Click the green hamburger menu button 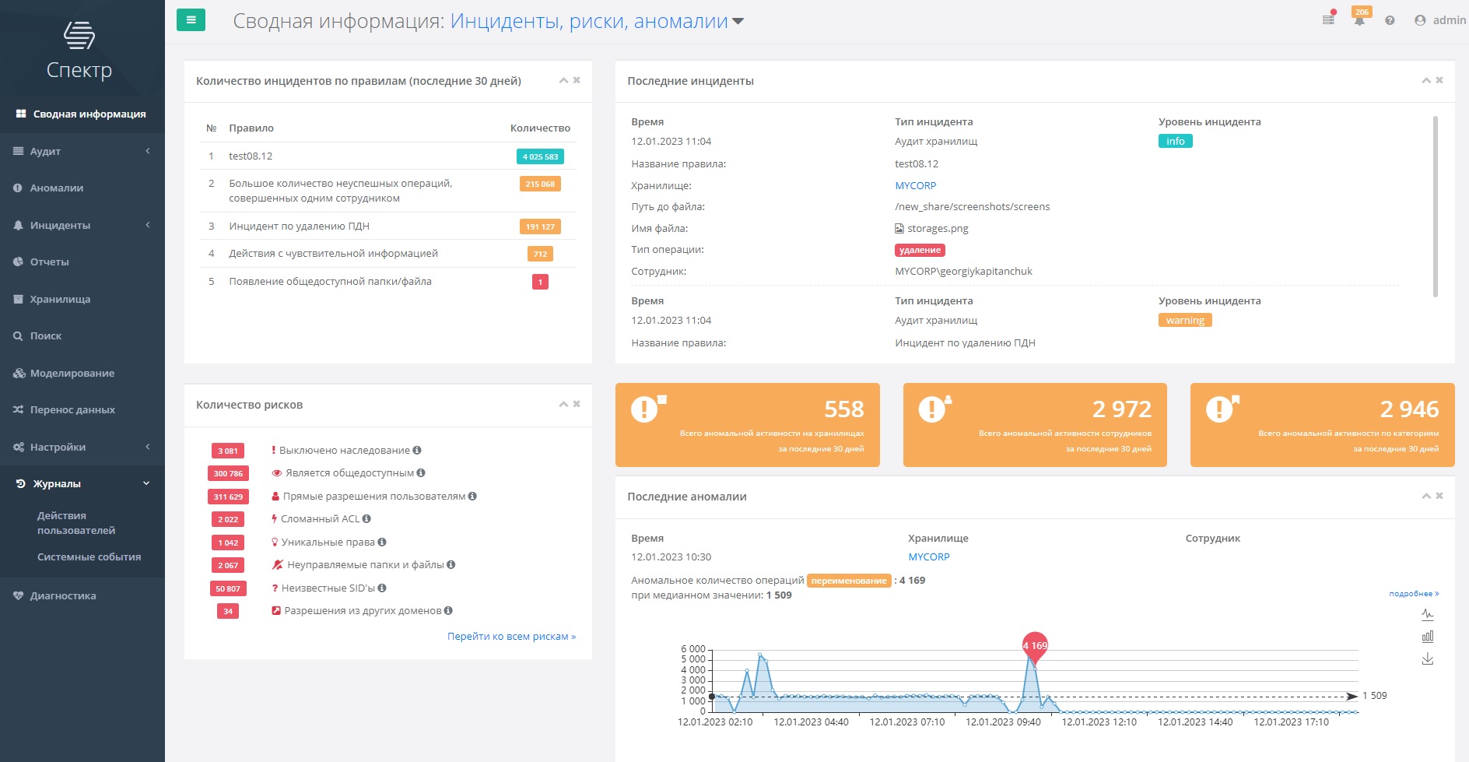pos(191,20)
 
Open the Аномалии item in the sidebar pos(56,188)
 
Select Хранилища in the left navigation pos(60,300)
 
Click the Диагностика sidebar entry pos(63,596)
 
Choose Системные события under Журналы pos(89,557)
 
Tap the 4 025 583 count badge pos(540,156)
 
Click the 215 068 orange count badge pos(540,184)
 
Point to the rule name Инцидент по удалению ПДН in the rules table pos(299,226)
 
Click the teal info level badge pos(1175,142)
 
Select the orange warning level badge pos(1184,321)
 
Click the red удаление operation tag pos(920,251)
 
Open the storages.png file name pos(938,229)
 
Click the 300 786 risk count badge pos(228,473)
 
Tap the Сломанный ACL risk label pos(320,519)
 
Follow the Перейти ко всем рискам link pos(511,637)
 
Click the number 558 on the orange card pos(843,409)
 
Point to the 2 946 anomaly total pos(1409,409)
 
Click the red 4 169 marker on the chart pos(1035,645)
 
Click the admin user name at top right pos(1449,20)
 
